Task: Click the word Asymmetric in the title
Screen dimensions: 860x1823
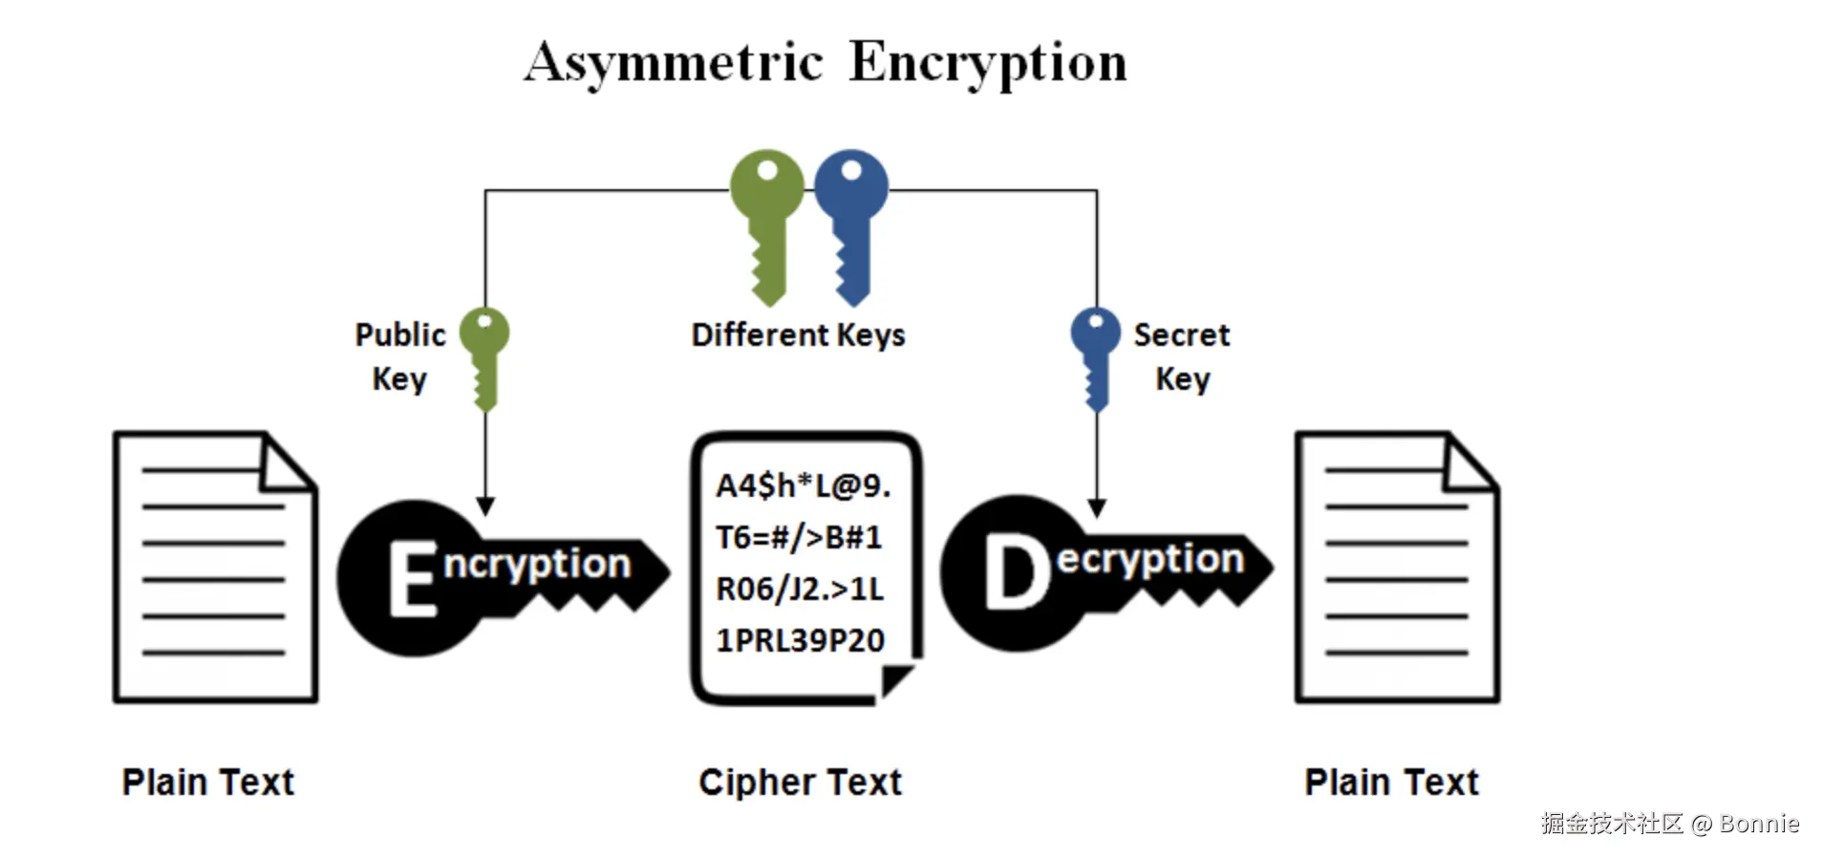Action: point(673,63)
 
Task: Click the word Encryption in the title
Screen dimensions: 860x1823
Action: point(988,63)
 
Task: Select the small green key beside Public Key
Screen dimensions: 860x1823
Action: point(484,355)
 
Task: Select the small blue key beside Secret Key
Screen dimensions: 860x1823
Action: point(1095,355)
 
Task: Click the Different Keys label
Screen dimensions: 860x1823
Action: point(798,335)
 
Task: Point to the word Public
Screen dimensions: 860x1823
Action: point(400,334)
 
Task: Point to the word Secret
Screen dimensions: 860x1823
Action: point(1181,334)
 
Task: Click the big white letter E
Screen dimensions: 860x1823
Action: point(412,577)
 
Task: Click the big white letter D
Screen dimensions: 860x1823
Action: point(1017,572)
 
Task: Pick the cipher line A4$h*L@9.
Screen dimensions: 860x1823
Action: point(803,486)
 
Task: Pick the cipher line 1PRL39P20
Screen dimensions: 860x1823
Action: point(800,640)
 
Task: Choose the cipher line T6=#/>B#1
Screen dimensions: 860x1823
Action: point(799,538)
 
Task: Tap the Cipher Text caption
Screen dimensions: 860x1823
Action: point(800,783)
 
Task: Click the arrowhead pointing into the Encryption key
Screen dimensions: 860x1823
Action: point(485,506)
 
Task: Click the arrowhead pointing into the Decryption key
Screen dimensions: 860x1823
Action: point(1096,507)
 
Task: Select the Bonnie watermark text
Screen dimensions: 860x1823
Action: point(1758,824)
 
